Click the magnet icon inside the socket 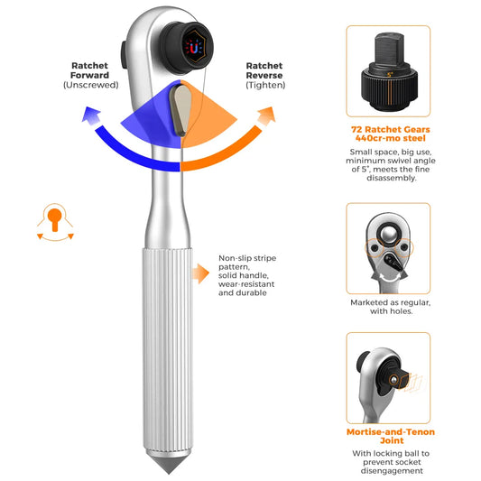[193, 48]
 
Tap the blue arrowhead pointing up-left [90, 116]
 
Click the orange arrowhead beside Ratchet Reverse [266, 116]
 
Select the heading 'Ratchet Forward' [89, 70]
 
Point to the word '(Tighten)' [265, 85]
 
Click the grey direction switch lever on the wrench [180, 110]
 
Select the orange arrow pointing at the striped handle [200, 273]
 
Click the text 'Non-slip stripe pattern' [247, 263]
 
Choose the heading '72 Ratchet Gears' [391, 129]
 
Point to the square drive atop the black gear [390, 50]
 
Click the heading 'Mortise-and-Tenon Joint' [391, 436]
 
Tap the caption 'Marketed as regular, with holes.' [391, 307]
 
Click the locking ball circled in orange [393, 381]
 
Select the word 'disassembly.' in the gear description [392, 178]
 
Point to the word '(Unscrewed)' [91, 85]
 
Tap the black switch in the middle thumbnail [392, 262]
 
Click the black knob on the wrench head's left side [125, 55]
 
